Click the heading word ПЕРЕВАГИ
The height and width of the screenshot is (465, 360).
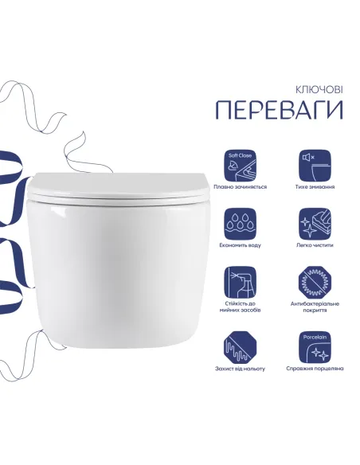tap(278, 110)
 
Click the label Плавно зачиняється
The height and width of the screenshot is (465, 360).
tap(241, 187)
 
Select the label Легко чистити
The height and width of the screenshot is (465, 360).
tap(313, 246)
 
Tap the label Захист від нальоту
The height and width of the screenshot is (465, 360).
tap(241, 369)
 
